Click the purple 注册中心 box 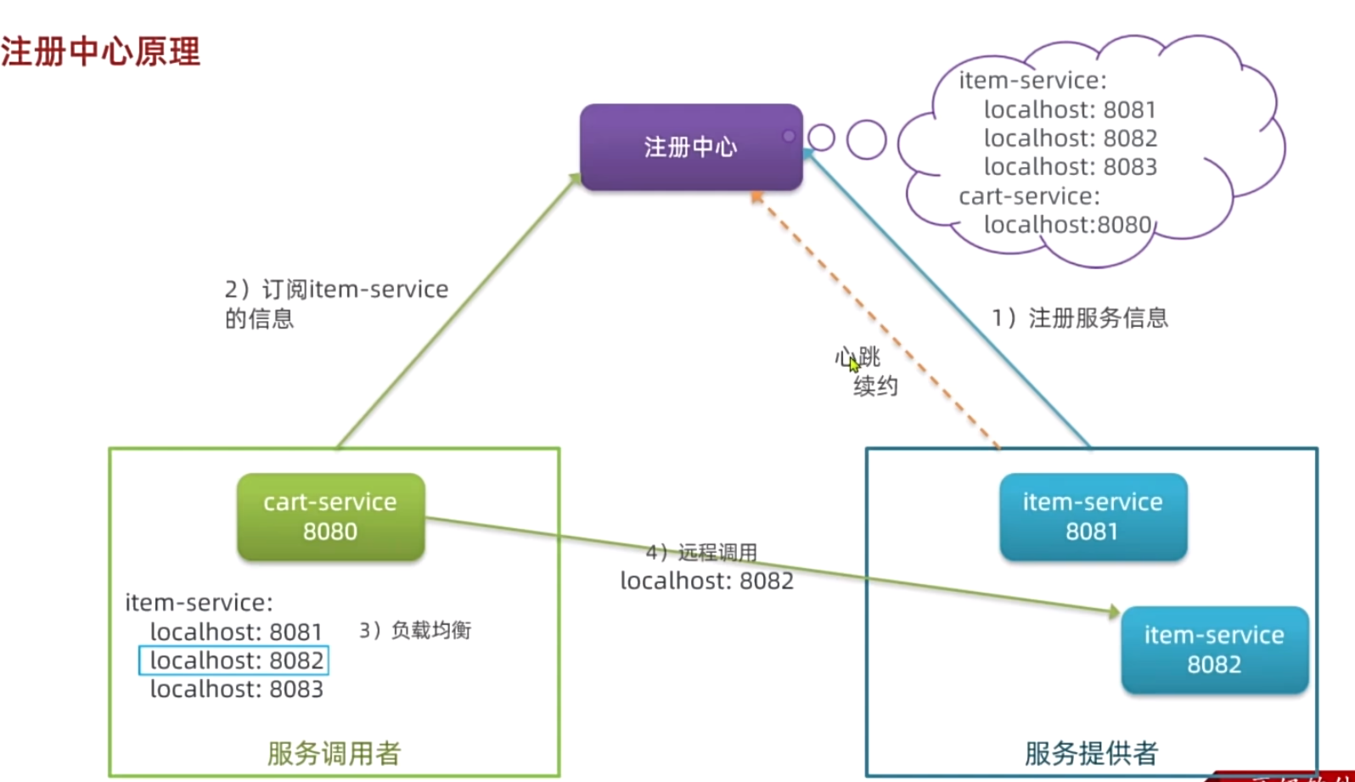click(690, 147)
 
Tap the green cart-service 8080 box click(330, 516)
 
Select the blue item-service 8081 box click(1093, 516)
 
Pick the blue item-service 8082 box click(1214, 650)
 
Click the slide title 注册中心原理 click(100, 52)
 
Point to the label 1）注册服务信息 click(1080, 318)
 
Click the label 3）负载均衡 click(415, 630)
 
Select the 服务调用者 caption click(334, 753)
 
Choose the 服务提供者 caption click(1091, 753)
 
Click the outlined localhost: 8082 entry click(234, 661)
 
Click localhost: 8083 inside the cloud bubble click(1070, 167)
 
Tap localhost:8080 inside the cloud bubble click(1067, 225)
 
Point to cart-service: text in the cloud click(1029, 196)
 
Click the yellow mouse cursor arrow click(854, 363)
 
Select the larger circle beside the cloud click(866, 139)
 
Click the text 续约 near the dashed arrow click(875, 386)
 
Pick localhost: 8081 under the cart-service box click(236, 633)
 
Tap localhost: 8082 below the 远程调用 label click(706, 582)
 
